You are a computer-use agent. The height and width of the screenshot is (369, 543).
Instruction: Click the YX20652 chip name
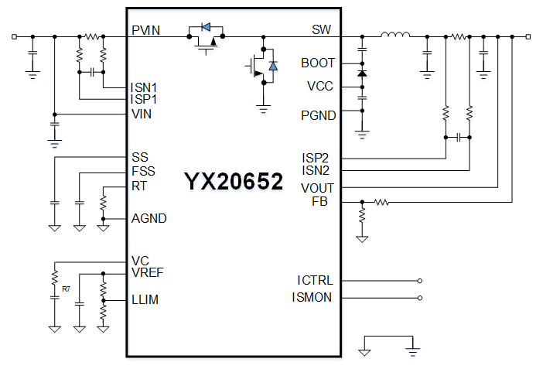(x=233, y=183)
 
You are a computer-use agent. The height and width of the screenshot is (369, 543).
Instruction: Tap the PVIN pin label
(x=145, y=30)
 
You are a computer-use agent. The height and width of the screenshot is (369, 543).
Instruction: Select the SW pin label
(x=322, y=30)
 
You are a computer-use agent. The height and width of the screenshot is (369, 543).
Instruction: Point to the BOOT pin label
(x=318, y=63)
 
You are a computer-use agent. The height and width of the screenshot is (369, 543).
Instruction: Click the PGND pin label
(x=319, y=115)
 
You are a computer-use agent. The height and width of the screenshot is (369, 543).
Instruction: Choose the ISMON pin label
(x=312, y=297)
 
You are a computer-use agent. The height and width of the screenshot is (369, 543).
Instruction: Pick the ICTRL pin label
(x=315, y=280)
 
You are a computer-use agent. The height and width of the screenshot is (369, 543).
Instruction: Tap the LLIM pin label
(x=145, y=299)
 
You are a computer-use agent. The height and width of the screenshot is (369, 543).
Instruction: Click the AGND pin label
(x=149, y=219)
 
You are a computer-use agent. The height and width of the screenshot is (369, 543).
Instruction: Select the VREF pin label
(x=147, y=272)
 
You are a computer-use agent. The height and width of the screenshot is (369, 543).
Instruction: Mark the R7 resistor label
(x=67, y=289)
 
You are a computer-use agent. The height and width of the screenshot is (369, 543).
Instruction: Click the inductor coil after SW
(x=395, y=35)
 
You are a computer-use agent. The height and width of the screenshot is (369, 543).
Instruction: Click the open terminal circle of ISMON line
(x=420, y=297)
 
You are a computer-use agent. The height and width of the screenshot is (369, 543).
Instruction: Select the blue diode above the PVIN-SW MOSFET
(x=206, y=28)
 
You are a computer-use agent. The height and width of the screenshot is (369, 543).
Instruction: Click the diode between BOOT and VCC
(x=362, y=73)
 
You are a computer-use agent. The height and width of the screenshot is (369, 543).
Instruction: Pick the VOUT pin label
(x=317, y=187)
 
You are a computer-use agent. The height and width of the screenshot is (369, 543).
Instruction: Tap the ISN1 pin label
(x=145, y=87)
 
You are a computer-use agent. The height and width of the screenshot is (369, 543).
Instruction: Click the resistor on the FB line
(x=381, y=203)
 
